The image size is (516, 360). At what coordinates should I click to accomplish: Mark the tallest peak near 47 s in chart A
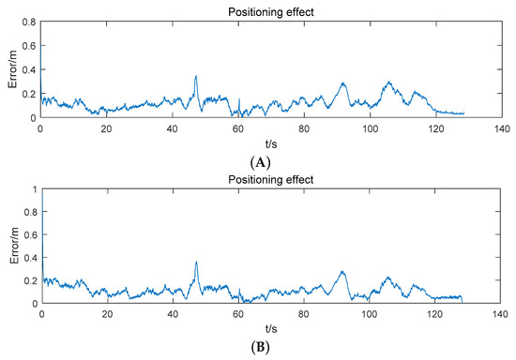pyautogui.click(x=195, y=77)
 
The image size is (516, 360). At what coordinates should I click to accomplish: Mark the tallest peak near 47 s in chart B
pyautogui.click(x=195, y=262)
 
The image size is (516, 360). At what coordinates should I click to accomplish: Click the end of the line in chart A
pyautogui.click(x=463, y=113)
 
